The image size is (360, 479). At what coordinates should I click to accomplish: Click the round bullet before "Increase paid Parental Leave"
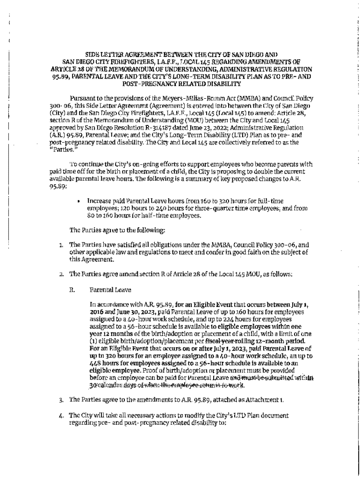(79, 201)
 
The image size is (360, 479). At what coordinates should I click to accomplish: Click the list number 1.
(61, 245)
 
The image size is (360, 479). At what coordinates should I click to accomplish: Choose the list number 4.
(61, 415)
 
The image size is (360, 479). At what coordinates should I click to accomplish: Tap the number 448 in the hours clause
(97, 363)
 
